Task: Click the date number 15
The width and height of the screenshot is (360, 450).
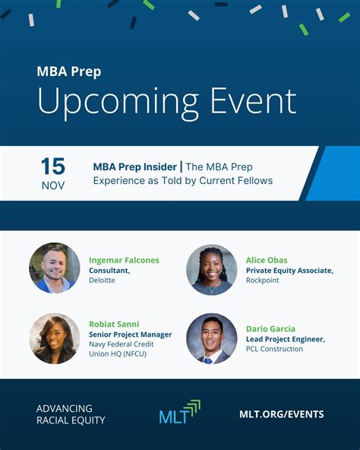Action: click(x=52, y=166)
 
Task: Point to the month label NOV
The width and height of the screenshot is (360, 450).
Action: click(x=53, y=185)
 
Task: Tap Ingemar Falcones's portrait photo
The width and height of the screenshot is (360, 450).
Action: click(x=54, y=268)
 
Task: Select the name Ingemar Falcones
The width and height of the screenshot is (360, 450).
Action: click(x=124, y=260)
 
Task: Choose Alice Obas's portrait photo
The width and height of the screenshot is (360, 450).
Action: click(x=212, y=269)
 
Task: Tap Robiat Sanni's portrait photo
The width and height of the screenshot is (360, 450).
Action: click(x=54, y=338)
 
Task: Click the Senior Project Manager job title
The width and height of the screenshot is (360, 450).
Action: click(x=130, y=334)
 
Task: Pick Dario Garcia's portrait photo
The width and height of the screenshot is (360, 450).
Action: click(x=212, y=338)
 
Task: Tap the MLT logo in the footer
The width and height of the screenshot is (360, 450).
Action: click(x=179, y=413)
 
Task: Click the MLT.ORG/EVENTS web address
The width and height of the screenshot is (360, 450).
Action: click(x=281, y=414)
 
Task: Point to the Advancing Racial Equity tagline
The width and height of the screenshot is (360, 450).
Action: click(x=71, y=414)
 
